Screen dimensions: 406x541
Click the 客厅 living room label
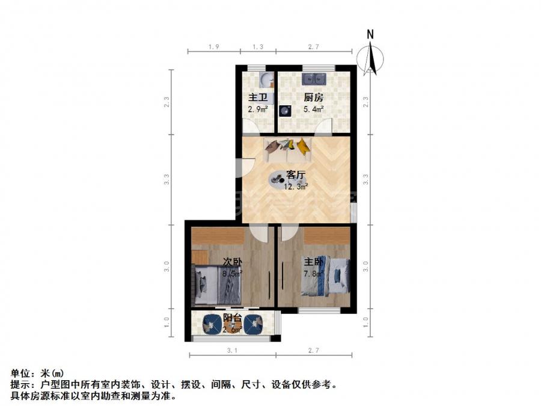(296, 175)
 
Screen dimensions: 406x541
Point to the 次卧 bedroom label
(233, 262)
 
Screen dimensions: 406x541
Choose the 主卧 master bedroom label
(313, 262)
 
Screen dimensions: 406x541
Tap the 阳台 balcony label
(233, 317)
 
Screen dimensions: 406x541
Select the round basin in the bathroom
(266, 80)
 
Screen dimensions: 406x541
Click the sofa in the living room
(287, 150)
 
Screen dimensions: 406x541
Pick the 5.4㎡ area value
(313, 109)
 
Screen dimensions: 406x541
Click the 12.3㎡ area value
(297, 186)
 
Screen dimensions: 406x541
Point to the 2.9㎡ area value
(257, 110)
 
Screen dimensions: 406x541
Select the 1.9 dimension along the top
(213, 46)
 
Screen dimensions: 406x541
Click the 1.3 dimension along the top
(258, 46)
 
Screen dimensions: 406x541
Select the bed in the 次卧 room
(217, 284)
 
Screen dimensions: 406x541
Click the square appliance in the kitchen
(285, 111)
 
